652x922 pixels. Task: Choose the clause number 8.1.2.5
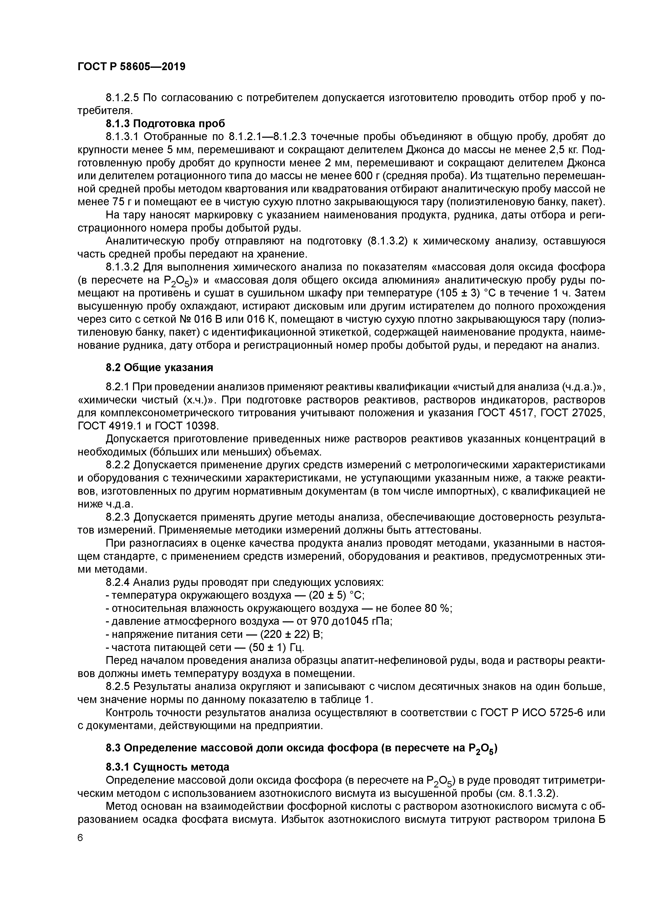(x=123, y=98)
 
